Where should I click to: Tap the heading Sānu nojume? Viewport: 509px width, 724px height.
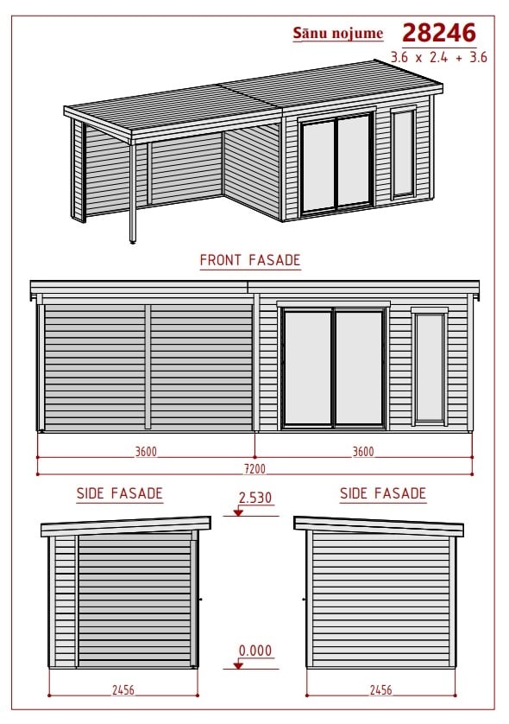pyautogui.click(x=338, y=33)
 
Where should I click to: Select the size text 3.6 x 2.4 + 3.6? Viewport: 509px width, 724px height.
pyautogui.click(x=438, y=57)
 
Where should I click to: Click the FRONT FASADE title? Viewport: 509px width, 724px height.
pyautogui.click(x=250, y=260)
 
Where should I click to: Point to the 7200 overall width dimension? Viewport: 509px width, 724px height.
pyautogui.click(x=255, y=468)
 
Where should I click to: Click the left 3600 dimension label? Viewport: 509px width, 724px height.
pyautogui.click(x=146, y=452)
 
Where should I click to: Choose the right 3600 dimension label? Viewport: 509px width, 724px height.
pyautogui.click(x=363, y=452)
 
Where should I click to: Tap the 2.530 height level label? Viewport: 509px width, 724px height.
pyautogui.click(x=255, y=498)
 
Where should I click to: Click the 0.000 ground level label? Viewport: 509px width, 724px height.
pyautogui.click(x=255, y=651)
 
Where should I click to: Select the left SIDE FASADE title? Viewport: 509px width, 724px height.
pyautogui.click(x=119, y=493)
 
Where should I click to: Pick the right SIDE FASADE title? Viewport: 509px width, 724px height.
pyautogui.click(x=383, y=493)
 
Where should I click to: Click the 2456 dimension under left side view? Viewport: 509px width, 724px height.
pyautogui.click(x=123, y=689)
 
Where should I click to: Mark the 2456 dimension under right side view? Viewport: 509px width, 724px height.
pyautogui.click(x=380, y=689)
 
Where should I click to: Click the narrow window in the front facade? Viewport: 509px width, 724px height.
pyautogui.click(x=430, y=367)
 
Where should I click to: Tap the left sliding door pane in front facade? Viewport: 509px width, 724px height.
pyautogui.click(x=307, y=368)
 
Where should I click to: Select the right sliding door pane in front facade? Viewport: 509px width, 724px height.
pyautogui.click(x=359, y=368)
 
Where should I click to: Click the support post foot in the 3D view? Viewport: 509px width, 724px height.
pyautogui.click(x=133, y=240)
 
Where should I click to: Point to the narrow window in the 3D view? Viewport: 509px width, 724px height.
pyautogui.click(x=403, y=153)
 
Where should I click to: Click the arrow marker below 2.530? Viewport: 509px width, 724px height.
pyautogui.click(x=238, y=512)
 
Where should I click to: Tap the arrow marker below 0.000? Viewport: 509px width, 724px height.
pyautogui.click(x=238, y=665)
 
